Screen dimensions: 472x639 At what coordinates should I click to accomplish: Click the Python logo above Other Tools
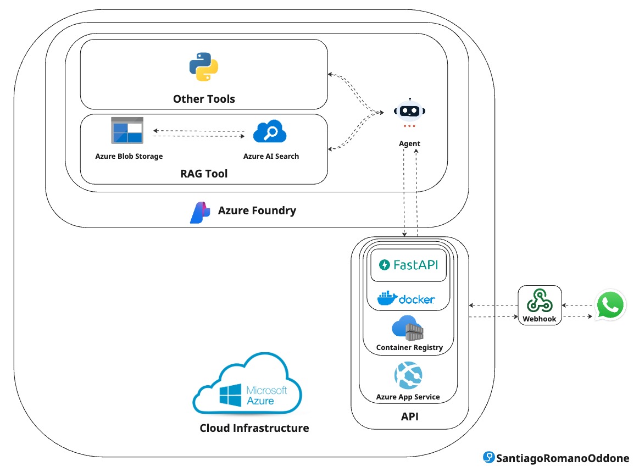coord(204,67)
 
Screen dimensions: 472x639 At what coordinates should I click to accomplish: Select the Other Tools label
coord(204,99)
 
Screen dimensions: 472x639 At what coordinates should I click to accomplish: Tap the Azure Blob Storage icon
coord(127,131)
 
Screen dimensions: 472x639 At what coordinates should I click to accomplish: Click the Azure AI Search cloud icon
coord(270,132)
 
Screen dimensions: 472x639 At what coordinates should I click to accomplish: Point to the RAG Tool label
coord(204,174)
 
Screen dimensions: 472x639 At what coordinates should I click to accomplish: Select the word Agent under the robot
coord(409,143)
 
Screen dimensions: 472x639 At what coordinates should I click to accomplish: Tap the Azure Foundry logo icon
coord(200,212)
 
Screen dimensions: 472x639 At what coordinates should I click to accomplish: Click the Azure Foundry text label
coord(257,210)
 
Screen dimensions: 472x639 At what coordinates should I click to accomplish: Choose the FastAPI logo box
coord(409,265)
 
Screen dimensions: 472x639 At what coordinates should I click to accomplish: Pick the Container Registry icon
coord(408,328)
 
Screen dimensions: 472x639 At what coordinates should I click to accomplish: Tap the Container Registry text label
coord(409,348)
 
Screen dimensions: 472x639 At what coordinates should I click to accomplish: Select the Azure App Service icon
coord(408,376)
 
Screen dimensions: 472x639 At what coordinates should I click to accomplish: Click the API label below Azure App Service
coord(409,417)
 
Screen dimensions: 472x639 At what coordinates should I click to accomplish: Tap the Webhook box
coord(540,305)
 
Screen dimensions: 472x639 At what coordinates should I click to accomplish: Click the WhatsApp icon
coord(610,305)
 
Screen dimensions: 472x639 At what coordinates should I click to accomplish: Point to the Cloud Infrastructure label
coord(254,428)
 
